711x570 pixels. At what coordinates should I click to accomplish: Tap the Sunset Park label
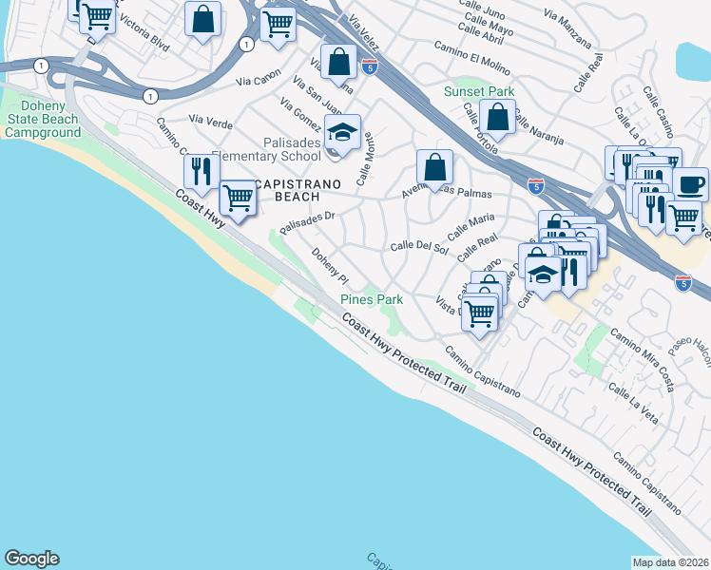[479, 92]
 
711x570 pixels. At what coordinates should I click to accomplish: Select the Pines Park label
[372, 299]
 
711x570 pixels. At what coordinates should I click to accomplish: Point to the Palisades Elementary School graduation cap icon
[343, 133]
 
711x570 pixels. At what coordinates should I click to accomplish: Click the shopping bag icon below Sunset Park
[497, 118]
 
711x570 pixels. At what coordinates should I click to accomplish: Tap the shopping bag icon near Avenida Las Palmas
[434, 168]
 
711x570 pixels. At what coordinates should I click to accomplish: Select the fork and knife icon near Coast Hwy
[200, 171]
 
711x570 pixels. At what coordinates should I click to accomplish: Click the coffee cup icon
[690, 182]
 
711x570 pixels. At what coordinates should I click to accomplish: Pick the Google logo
[31, 559]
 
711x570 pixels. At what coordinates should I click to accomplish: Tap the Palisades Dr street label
[308, 221]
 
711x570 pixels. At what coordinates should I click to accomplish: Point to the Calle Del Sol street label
[419, 247]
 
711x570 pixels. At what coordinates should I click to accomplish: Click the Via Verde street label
[210, 120]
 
